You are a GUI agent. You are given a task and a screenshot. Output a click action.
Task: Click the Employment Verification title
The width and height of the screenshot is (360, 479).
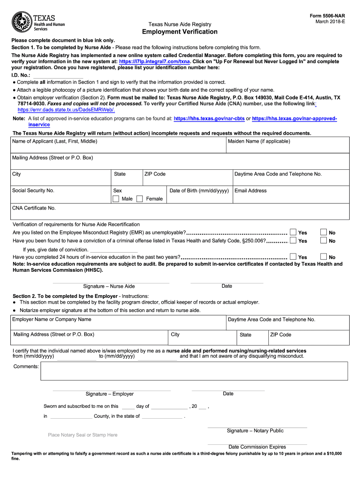(x=180, y=32)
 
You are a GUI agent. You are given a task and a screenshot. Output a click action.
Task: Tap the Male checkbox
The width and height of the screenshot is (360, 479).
(x=116, y=199)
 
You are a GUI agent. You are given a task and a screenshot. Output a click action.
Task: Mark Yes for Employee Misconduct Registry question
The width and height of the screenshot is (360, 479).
(x=293, y=232)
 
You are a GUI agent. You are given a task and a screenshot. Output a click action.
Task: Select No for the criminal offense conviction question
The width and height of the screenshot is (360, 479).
(x=324, y=240)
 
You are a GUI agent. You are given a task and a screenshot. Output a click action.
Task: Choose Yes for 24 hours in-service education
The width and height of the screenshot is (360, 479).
(x=293, y=257)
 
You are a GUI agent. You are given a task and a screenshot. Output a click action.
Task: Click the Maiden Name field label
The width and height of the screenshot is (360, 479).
(x=259, y=141)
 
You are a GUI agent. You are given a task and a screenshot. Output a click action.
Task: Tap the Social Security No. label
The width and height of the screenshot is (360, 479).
(x=33, y=191)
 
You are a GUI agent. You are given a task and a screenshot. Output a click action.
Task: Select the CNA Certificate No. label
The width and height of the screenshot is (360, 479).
(x=34, y=208)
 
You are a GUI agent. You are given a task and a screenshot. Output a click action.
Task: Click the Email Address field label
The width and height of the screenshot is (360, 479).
(x=251, y=191)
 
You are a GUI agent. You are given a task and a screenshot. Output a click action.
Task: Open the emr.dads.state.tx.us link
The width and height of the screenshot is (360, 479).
(x=66, y=109)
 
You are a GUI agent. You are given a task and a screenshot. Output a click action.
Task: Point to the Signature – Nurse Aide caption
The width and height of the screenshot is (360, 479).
(x=109, y=286)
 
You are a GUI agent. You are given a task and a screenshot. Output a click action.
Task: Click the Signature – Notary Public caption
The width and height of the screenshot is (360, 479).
(x=255, y=431)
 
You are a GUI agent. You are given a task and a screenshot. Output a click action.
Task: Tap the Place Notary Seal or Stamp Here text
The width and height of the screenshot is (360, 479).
(x=83, y=435)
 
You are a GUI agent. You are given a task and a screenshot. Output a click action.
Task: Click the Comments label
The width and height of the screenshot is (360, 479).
(x=26, y=367)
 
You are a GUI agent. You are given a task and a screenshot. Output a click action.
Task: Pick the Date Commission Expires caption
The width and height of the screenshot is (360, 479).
(x=257, y=447)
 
